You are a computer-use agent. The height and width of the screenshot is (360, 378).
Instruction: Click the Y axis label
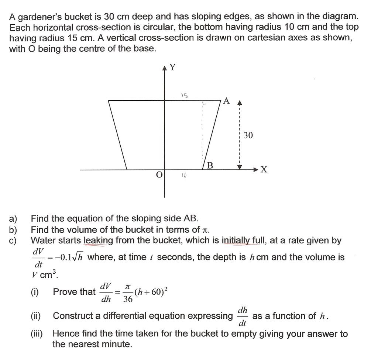pyautogui.click(x=172, y=67)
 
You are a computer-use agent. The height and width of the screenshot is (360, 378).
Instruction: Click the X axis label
pyautogui.click(x=264, y=170)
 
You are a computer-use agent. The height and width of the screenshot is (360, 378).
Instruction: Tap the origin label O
pyautogui.click(x=159, y=174)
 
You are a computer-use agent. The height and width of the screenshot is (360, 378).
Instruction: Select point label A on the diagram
pyautogui.click(x=227, y=101)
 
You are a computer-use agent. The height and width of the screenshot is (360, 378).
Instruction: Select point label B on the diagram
pyautogui.click(x=210, y=166)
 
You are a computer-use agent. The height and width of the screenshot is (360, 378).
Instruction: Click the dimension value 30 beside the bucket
pyautogui.click(x=248, y=136)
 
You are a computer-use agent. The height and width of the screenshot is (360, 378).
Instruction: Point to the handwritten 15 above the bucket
pyautogui.click(x=185, y=96)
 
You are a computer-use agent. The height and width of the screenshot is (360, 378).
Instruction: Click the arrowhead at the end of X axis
pyautogui.click(x=256, y=170)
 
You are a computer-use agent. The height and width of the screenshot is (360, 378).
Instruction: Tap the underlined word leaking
pyautogui.click(x=99, y=241)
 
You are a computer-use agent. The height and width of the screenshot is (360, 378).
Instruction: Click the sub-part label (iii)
pyautogui.click(x=37, y=334)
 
